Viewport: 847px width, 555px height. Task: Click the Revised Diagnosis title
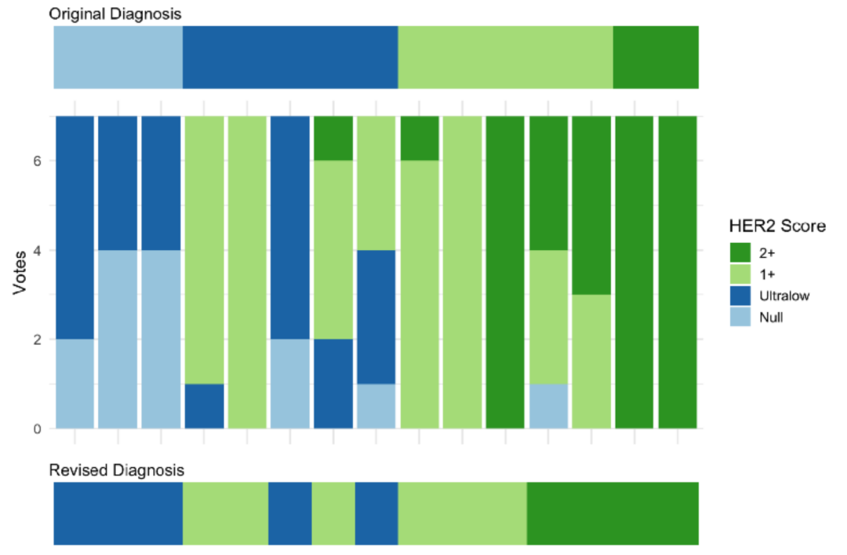point(116,470)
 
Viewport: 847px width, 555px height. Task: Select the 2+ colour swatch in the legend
point(741,252)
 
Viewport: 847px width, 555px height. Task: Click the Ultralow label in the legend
point(784,296)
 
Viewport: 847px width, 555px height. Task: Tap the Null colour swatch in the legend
point(741,317)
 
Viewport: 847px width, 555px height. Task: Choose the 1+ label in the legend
point(767,274)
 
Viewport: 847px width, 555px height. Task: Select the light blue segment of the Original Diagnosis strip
point(118,57)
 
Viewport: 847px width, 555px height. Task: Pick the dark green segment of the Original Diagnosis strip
point(655,57)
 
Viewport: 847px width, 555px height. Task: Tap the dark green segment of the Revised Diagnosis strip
point(612,513)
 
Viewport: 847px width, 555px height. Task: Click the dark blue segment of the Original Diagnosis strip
point(290,57)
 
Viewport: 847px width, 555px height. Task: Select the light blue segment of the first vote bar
point(75,384)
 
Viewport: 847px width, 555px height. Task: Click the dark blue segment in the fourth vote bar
point(204,406)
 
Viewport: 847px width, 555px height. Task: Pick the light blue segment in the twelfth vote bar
point(549,406)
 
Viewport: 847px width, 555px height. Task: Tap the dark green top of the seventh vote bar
point(333,138)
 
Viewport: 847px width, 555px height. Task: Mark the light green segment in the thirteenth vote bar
point(591,361)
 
